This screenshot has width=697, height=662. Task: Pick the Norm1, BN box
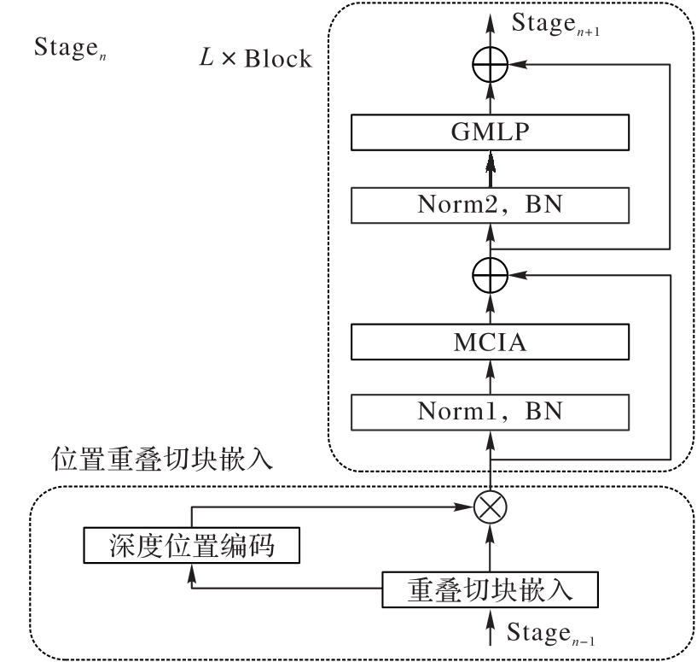(x=491, y=411)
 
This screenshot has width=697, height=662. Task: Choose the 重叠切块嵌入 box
(x=488, y=589)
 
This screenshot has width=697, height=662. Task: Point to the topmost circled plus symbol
(x=491, y=63)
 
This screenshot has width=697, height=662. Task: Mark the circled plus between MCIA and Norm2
(x=491, y=274)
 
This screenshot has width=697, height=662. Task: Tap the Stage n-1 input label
(x=547, y=632)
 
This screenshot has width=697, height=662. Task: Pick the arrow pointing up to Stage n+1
(x=491, y=30)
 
